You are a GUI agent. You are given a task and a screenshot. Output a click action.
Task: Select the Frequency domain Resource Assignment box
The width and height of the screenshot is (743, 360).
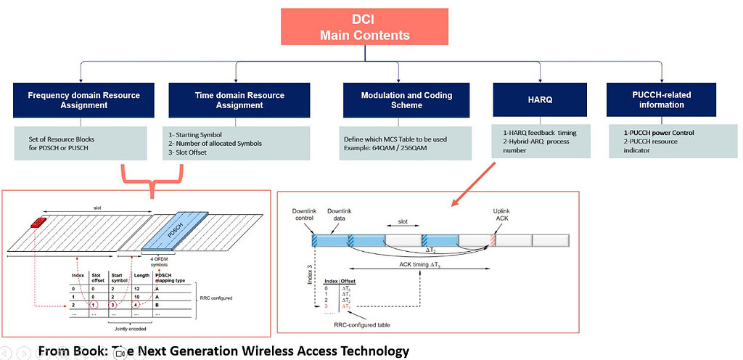[x=83, y=100]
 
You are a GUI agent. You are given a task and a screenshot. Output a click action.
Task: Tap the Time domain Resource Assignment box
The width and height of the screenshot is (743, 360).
[x=240, y=100]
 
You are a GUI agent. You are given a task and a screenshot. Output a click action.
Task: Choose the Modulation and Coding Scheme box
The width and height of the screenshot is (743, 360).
[x=406, y=100]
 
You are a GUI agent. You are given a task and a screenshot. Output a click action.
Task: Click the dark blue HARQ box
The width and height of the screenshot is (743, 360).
[x=538, y=100]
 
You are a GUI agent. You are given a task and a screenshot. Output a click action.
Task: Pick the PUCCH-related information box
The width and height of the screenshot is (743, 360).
[x=661, y=100]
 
